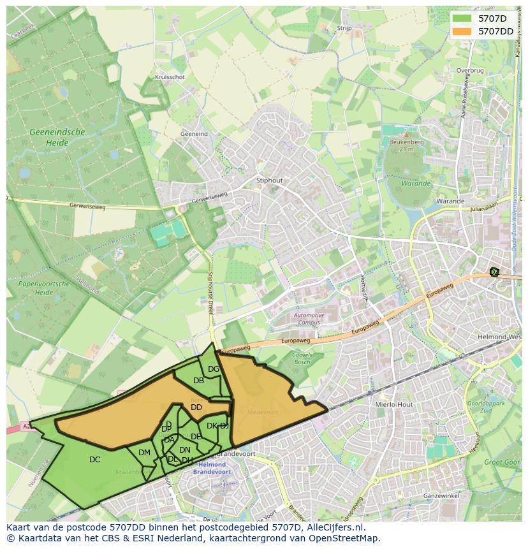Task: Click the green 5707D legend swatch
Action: tap(463, 18)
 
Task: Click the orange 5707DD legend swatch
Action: tap(463, 31)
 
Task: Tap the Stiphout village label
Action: tap(268, 180)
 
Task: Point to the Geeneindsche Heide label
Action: tap(57, 137)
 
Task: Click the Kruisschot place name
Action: tap(170, 77)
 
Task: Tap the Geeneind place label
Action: tap(194, 134)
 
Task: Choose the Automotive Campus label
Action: tap(309, 319)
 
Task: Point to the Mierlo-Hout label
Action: tap(395, 404)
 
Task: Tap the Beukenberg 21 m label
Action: tap(402, 145)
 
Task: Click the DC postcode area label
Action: tap(94, 459)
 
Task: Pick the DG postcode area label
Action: tap(214, 369)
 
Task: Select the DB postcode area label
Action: tap(198, 381)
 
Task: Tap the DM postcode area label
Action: tap(144, 453)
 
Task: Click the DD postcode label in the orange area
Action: tap(196, 407)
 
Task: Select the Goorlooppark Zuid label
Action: tap(487, 408)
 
